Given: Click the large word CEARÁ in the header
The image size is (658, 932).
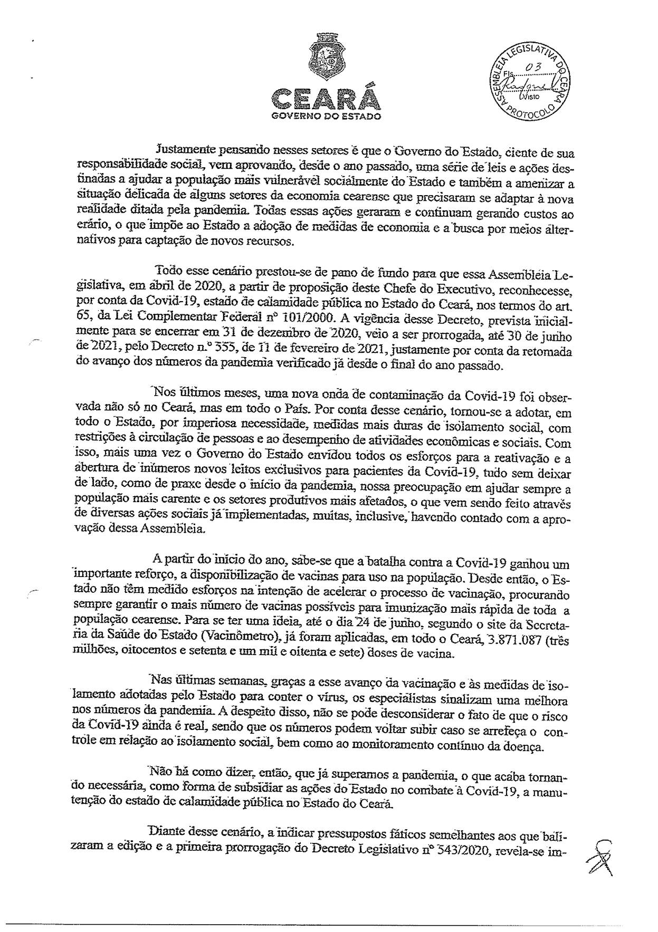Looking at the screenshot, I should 325,99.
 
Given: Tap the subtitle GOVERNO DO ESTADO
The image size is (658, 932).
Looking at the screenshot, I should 326,117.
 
